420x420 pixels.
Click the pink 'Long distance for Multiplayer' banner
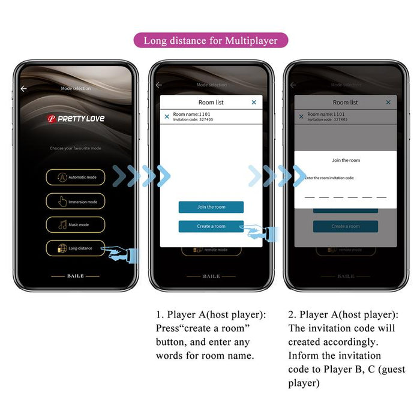click(210, 41)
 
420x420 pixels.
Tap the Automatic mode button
click(76, 178)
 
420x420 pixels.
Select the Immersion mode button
click(76, 202)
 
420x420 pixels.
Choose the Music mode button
click(76, 225)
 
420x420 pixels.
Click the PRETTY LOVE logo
click(76, 119)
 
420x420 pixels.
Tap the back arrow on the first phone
click(23, 89)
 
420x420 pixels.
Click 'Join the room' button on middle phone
click(211, 207)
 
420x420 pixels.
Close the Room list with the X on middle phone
click(254, 103)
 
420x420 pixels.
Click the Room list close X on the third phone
click(388, 103)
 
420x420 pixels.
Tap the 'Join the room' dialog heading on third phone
click(346, 160)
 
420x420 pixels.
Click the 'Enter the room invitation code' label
click(329, 178)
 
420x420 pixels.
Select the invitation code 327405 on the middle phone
click(202, 119)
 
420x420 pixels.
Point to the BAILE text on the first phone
click(76, 276)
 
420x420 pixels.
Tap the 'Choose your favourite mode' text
click(76, 148)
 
